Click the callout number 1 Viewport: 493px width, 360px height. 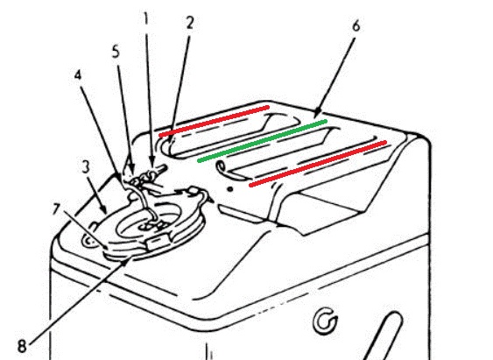(145, 19)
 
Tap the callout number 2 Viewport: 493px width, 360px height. (189, 23)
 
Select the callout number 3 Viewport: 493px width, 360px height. (86, 166)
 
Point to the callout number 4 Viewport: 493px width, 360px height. (78, 75)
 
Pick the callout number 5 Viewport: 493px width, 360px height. (116, 52)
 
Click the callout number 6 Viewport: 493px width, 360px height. (356, 26)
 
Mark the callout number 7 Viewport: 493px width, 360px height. (56, 209)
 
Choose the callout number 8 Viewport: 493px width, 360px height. (22, 347)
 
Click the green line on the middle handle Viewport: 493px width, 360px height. (263, 141)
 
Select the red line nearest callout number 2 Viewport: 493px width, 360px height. (215, 121)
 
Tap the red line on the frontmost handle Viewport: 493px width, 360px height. (318, 164)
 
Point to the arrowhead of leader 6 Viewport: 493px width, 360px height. (317, 113)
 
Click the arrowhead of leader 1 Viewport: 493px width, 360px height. (151, 164)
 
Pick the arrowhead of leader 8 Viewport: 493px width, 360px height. (127, 261)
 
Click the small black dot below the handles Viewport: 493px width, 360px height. (230, 189)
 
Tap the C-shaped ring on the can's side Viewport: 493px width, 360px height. (325, 321)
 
